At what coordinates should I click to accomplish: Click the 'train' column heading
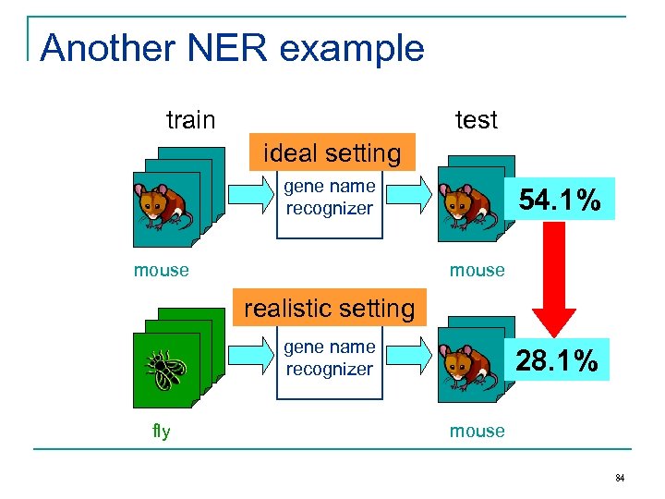click(x=190, y=120)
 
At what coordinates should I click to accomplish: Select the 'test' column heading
click(x=477, y=120)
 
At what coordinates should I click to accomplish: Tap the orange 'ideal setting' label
click(x=332, y=153)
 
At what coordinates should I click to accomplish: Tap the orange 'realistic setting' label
click(x=329, y=308)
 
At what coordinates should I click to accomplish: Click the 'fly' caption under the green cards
click(x=162, y=432)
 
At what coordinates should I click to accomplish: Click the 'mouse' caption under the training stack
click(x=161, y=271)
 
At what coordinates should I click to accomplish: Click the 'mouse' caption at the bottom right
click(x=477, y=432)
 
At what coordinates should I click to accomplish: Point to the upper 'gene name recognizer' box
click(x=329, y=203)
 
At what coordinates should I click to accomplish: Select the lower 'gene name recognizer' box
click(x=329, y=362)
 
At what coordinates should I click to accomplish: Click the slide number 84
click(x=619, y=478)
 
